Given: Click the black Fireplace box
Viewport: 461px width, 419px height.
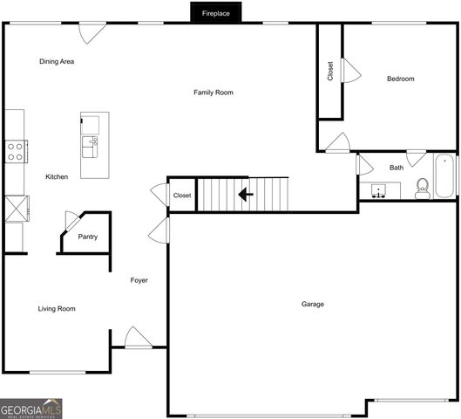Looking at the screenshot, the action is (x=216, y=12).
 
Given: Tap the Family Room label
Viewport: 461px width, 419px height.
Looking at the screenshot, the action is (x=214, y=93).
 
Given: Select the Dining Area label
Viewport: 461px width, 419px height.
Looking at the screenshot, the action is (x=57, y=61).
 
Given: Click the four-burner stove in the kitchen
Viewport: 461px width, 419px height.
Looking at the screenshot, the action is (x=17, y=151).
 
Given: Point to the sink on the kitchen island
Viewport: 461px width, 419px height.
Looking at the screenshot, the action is (x=90, y=147).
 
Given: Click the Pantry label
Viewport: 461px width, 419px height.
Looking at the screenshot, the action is (x=88, y=237).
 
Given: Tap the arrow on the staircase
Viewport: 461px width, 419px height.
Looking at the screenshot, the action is (x=246, y=195).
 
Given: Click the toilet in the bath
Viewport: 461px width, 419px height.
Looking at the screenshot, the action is (x=423, y=189).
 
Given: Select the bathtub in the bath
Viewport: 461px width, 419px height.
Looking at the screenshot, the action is (x=444, y=176).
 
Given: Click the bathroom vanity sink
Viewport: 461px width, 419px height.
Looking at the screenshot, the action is (x=378, y=191).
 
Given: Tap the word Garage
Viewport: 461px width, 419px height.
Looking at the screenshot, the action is (x=313, y=304).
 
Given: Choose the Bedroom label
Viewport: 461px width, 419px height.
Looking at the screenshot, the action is (x=401, y=79).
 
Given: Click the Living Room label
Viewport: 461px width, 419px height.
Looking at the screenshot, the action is (x=57, y=309).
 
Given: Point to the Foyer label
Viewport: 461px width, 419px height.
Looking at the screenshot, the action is (x=139, y=280).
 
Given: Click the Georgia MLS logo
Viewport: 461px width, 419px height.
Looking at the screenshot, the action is (x=31, y=409).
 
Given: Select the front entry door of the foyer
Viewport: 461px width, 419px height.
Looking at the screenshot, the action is (x=139, y=338).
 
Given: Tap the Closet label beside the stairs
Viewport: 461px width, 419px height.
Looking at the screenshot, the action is (x=182, y=196).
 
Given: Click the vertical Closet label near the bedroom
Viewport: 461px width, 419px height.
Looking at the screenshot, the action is (x=330, y=71).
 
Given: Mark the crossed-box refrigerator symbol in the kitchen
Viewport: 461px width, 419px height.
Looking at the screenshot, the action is (x=17, y=209).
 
